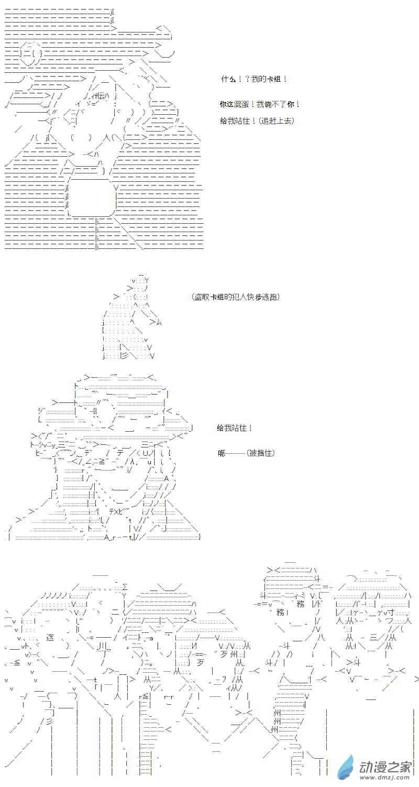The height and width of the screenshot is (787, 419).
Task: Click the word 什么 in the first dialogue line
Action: pos(227,79)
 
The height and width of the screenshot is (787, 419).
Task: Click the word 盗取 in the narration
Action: pos(202,297)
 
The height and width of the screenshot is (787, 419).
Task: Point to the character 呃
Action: pos(222,453)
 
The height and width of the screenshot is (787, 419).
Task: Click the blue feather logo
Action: pos(346,768)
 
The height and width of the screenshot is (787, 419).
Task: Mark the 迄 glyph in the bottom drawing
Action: pos(50,637)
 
